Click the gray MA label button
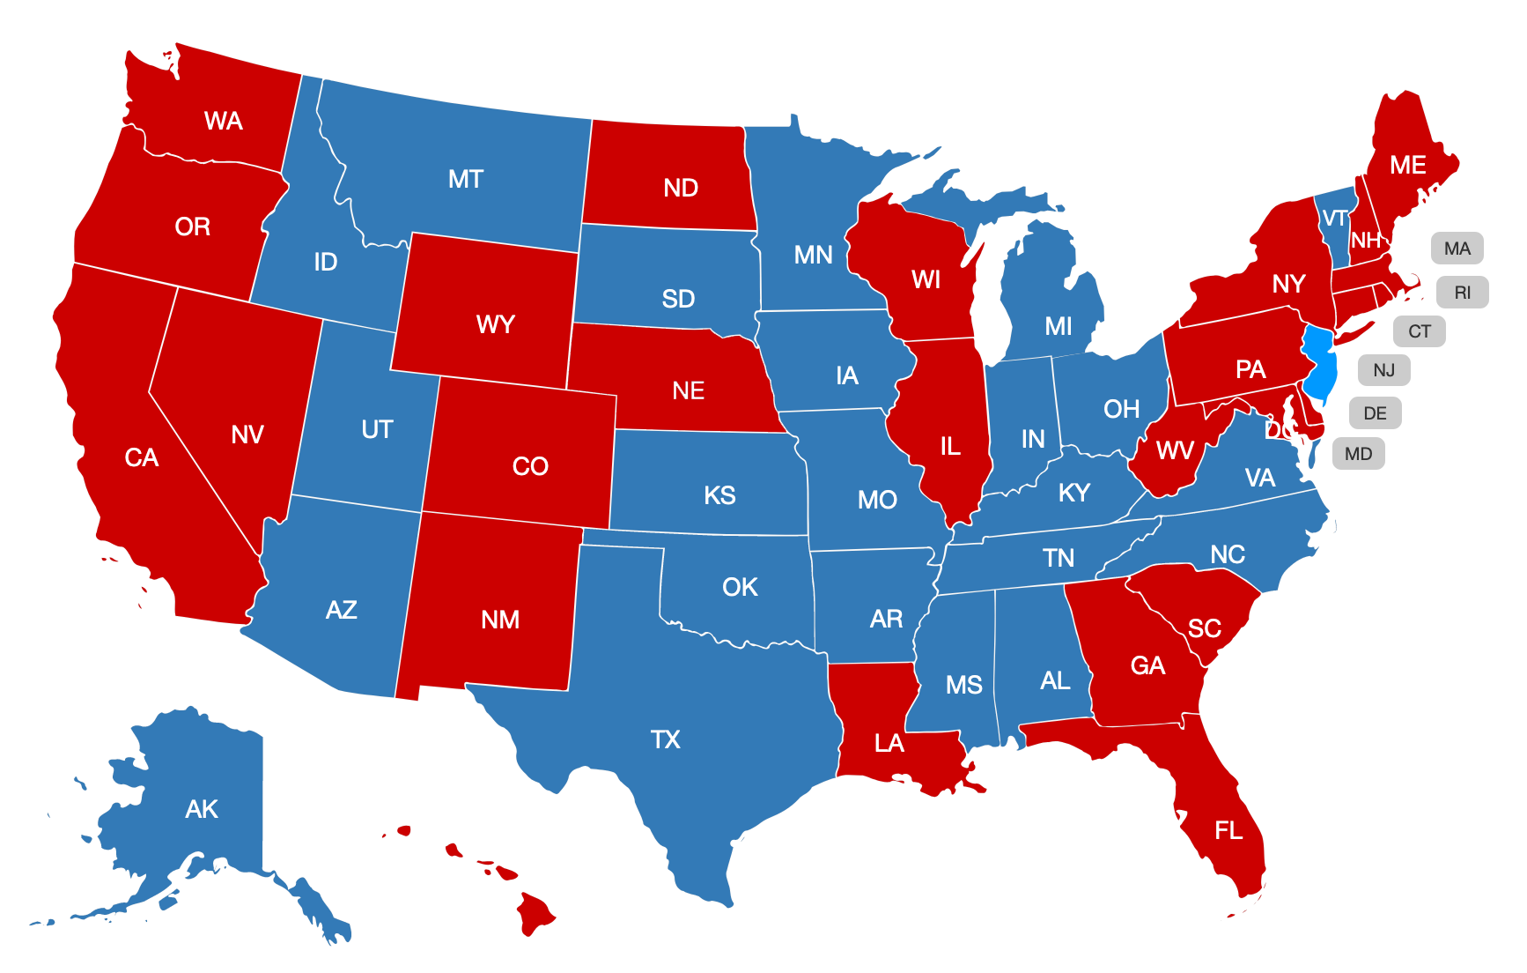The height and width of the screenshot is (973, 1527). [x=1457, y=249]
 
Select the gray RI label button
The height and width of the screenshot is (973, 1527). [x=1462, y=293]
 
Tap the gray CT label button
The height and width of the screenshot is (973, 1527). [x=1419, y=331]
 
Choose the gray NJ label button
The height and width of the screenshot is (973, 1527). [x=1383, y=370]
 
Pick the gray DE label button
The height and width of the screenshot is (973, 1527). [x=1375, y=412]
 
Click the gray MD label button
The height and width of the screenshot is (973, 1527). [x=1358, y=454]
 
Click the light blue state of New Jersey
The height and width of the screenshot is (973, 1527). [x=1320, y=366]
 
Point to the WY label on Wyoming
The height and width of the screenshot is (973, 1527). [x=495, y=324]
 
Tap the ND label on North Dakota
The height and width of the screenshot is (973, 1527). [x=681, y=188]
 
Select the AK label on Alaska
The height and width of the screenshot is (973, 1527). [x=202, y=809]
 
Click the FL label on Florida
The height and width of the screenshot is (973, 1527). [x=1228, y=830]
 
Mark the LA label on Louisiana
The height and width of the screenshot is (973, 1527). [x=889, y=744]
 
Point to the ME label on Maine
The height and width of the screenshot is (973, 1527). [x=1407, y=165]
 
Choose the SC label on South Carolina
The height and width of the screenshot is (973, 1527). [x=1204, y=628]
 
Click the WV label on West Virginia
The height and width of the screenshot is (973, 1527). [x=1175, y=451]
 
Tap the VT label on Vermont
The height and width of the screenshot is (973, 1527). [x=1334, y=219]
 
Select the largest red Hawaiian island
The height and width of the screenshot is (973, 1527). [x=535, y=913]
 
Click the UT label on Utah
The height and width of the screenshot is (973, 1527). [x=377, y=429]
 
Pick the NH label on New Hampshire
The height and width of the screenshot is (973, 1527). [x=1366, y=241]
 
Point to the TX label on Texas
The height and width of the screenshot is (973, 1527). [x=666, y=739]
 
